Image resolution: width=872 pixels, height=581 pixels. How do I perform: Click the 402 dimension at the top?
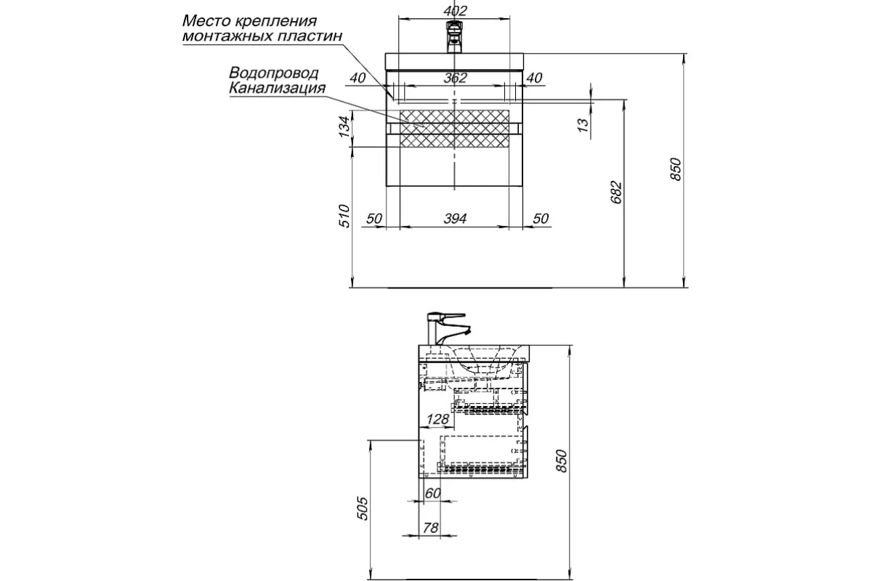click(454, 11)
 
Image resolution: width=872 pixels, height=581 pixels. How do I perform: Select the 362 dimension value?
click(455, 78)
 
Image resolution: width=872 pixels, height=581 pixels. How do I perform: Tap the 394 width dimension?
click(454, 219)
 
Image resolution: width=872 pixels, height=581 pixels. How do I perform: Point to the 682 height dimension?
click(617, 191)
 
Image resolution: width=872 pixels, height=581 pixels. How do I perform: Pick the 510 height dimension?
click(345, 216)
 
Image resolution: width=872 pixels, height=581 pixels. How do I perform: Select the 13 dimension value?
click(582, 125)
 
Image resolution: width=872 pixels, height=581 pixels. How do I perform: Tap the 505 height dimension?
click(364, 508)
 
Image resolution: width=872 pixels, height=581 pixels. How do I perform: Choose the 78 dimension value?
click(430, 528)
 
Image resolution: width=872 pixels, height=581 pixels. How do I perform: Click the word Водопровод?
click(264, 73)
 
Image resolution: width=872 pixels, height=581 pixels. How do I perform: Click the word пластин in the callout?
click(315, 35)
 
